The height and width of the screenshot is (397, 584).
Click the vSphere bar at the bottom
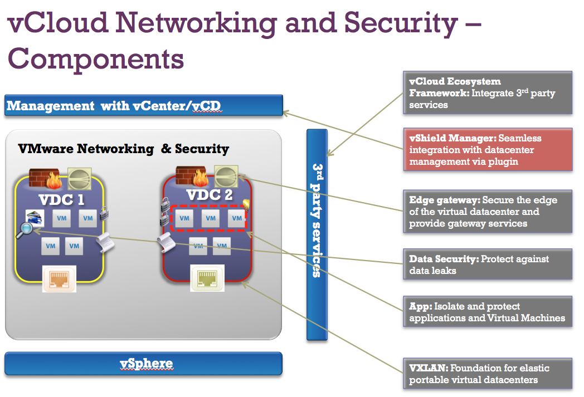[x=143, y=364]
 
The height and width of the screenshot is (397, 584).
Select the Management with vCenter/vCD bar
[x=144, y=106]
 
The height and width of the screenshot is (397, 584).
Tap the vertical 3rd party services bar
[x=317, y=235]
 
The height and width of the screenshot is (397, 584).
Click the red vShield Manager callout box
[x=488, y=150]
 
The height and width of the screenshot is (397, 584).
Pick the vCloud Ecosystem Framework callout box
[x=488, y=92]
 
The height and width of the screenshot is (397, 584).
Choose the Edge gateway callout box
[x=488, y=212]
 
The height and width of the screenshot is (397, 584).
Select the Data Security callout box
[x=488, y=264]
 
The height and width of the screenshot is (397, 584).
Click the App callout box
[x=488, y=312]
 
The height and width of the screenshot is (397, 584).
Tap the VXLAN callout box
[x=488, y=374]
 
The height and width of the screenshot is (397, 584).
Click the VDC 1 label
[x=61, y=200]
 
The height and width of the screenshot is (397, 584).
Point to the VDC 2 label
[x=210, y=194]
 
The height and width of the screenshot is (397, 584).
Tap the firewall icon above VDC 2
[x=192, y=176]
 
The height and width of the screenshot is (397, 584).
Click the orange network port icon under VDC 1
[x=59, y=279]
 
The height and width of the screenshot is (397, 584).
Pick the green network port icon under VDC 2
[x=207, y=278]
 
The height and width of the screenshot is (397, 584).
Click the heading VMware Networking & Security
[x=123, y=149]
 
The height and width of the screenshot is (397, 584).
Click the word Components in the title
[x=96, y=59]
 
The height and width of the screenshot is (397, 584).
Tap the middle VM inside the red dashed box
[x=211, y=218]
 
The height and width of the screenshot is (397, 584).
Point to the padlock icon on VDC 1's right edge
[x=104, y=213]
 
